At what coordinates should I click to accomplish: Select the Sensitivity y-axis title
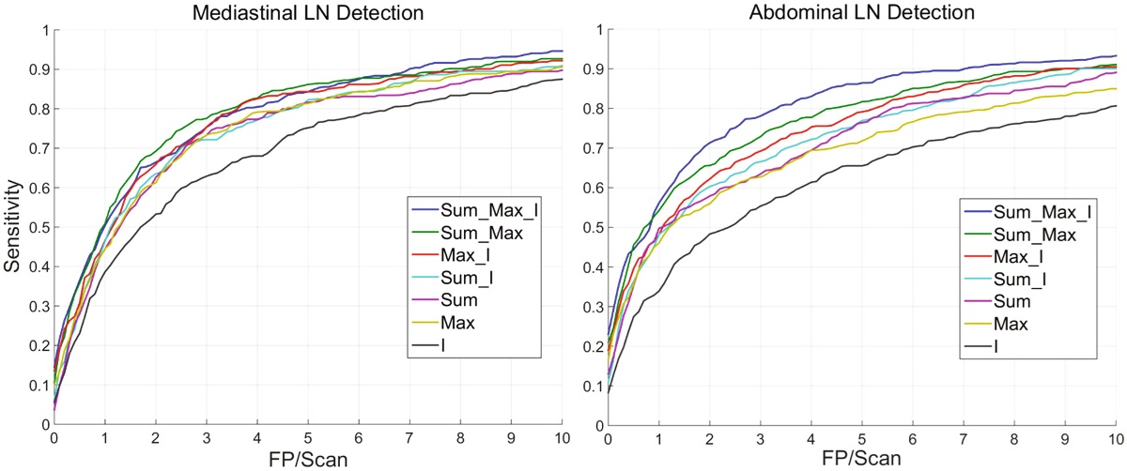click(13, 227)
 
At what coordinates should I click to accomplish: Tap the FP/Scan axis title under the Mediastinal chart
click(307, 459)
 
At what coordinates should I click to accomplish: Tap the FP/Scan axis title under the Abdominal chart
click(861, 459)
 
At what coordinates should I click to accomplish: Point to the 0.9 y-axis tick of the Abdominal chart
click(593, 69)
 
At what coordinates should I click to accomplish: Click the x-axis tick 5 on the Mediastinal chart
click(308, 437)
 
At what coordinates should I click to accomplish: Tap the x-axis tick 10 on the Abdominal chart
click(1114, 437)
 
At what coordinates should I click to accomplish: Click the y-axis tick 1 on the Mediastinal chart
click(45, 30)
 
